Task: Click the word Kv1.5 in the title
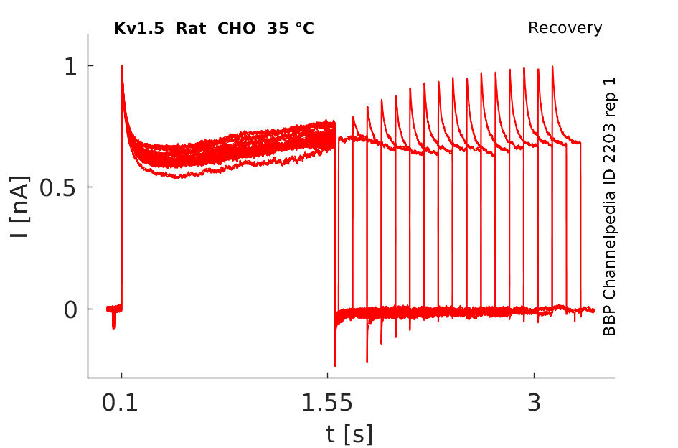point(138,29)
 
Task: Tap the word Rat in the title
point(191,29)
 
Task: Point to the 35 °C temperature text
point(291,29)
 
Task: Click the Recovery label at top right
point(565,28)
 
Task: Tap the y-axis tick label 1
point(70,67)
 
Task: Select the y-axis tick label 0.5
point(58,188)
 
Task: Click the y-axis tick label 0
point(70,310)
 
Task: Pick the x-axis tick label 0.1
point(120,403)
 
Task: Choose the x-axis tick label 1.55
point(327,403)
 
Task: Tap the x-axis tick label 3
point(535,403)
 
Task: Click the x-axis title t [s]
point(349,434)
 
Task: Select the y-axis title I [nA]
point(20,207)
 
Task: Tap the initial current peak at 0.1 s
point(121,66)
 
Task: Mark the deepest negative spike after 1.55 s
point(335,365)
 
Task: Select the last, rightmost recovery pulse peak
point(552,67)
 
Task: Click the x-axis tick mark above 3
point(535,375)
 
